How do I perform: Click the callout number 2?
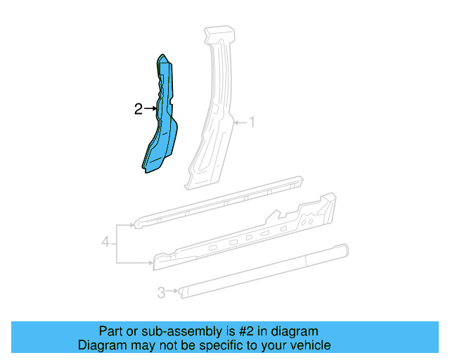139,108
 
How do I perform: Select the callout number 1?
252,122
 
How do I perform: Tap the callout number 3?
161,292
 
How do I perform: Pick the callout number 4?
105,243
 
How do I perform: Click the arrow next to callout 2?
149,108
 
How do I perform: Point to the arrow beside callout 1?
240,122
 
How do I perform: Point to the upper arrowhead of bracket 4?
131,225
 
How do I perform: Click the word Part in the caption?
111,331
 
